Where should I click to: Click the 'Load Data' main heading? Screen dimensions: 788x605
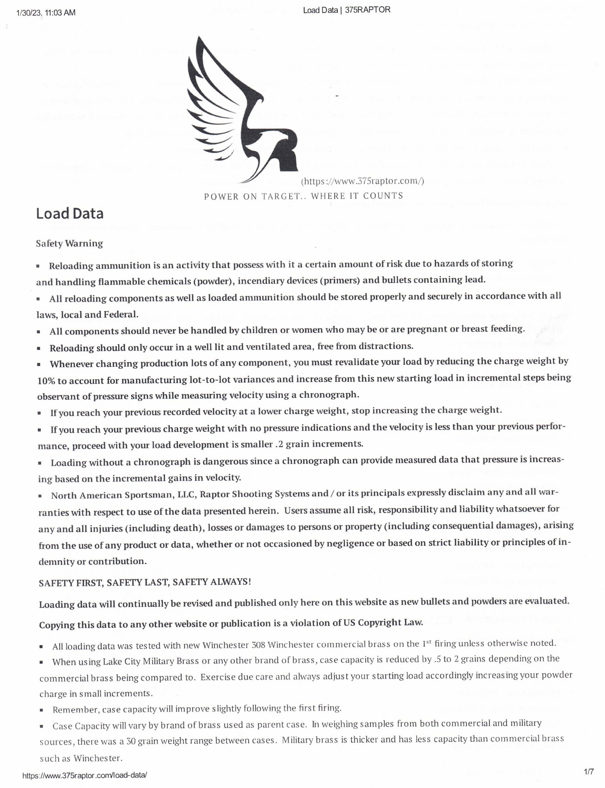click(x=70, y=214)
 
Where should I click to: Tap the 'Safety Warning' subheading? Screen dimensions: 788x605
click(x=69, y=243)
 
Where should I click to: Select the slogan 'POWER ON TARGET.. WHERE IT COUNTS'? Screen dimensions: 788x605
click(x=303, y=196)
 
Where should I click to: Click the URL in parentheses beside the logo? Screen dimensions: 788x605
click(x=362, y=181)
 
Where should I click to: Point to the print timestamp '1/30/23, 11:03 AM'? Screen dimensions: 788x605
click(x=46, y=13)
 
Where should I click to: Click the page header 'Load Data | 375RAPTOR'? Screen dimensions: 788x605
click(x=347, y=10)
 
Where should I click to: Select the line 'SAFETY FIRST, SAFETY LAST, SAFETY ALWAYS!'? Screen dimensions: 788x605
click(x=145, y=582)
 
